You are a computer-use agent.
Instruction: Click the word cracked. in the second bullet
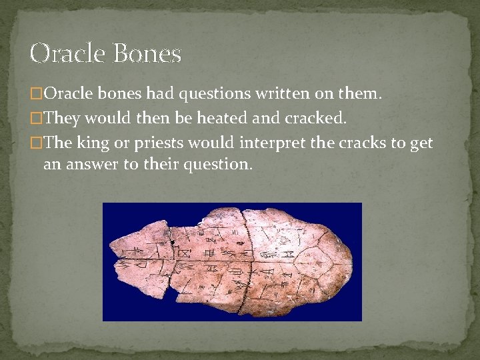click(x=316, y=119)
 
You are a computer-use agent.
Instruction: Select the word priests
click(x=160, y=143)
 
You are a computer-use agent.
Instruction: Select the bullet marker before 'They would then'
click(x=37, y=119)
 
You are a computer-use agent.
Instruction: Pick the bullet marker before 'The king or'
click(x=37, y=143)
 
